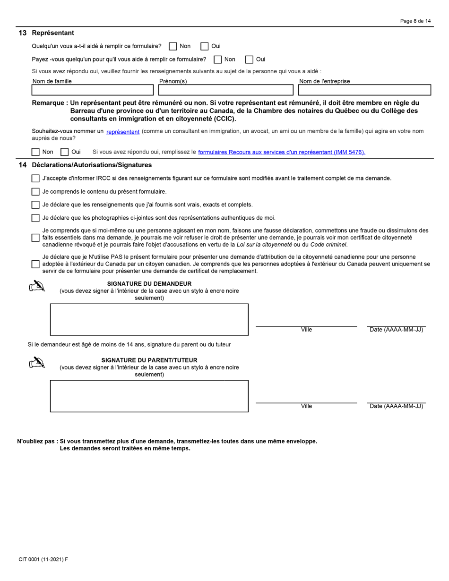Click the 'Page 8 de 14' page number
(415, 21)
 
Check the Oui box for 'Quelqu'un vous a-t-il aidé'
(205, 46)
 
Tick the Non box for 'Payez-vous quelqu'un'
(218, 60)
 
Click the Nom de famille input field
(93, 90)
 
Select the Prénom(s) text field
(226, 90)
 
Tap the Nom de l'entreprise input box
(364, 90)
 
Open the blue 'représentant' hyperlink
(123, 132)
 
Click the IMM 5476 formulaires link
(281, 152)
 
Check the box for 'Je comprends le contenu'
(35, 192)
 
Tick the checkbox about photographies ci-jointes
(35, 218)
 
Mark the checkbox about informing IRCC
(35, 179)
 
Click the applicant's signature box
(149, 319)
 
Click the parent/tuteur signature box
(149, 396)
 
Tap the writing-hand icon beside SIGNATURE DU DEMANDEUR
(37, 286)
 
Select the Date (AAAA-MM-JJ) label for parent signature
(396, 406)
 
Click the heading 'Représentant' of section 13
(53, 33)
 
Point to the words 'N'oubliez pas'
(36, 441)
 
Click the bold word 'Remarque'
(49, 103)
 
